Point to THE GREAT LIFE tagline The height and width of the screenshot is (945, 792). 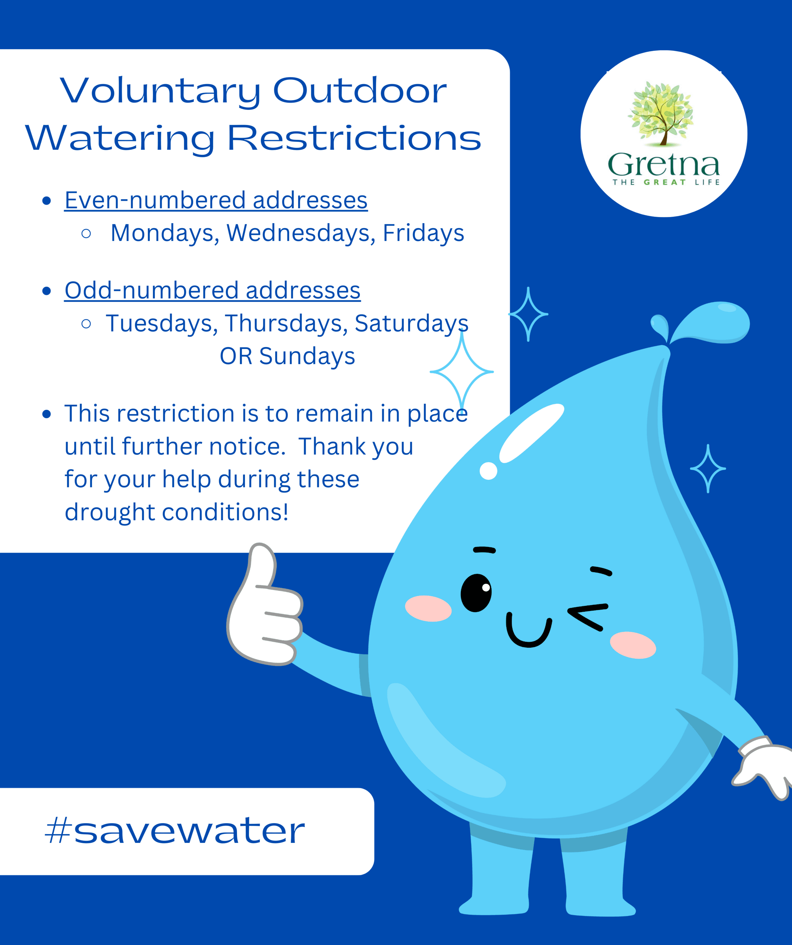(666, 182)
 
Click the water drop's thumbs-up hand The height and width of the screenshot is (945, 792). (265, 607)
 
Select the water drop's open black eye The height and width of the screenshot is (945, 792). (476, 593)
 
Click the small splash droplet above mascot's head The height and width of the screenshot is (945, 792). (660, 325)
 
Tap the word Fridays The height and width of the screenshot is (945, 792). (423, 233)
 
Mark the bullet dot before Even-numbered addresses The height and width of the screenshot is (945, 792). (47, 201)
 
